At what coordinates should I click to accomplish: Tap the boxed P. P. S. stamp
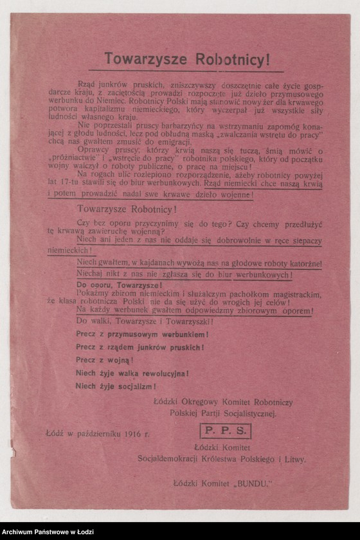click(225, 431)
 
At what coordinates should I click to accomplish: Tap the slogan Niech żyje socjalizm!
click(116, 386)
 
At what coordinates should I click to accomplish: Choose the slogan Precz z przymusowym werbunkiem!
click(141, 335)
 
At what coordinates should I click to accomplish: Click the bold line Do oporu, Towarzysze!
click(119, 284)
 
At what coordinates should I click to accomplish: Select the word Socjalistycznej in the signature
click(244, 414)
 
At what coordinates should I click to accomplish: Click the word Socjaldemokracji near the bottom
click(171, 459)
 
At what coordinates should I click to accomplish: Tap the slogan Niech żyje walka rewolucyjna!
click(132, 373)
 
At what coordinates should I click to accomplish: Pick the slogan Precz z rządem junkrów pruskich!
click(139, 348)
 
